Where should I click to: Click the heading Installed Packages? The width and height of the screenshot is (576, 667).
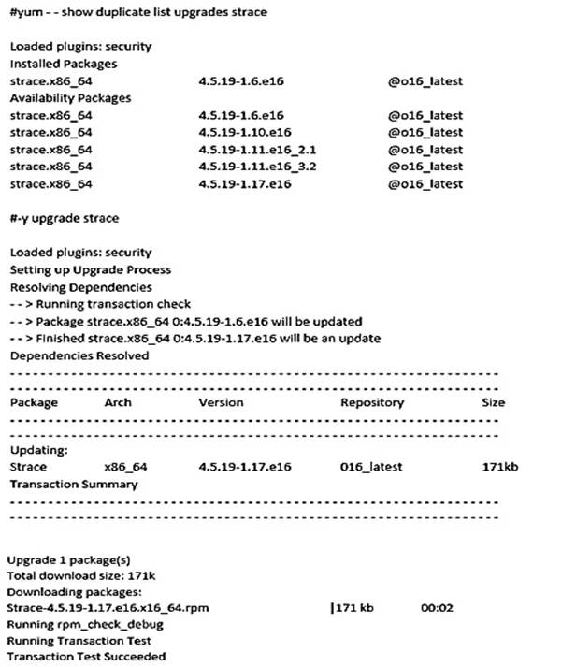[63, 64]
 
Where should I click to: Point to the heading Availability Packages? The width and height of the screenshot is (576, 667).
[70, 97]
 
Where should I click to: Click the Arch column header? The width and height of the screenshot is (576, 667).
[118, 402]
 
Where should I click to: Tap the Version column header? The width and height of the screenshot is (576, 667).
[221, 402]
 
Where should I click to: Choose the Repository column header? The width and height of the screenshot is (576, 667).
[372, 402]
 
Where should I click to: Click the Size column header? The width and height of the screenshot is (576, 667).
[493, 402]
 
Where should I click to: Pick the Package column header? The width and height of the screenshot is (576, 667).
[34, 402]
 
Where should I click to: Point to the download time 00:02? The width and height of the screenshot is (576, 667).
[437, 608]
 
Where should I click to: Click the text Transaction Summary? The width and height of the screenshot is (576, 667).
[73, 484]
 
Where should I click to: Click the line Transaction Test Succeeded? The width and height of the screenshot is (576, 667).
[86, 657]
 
